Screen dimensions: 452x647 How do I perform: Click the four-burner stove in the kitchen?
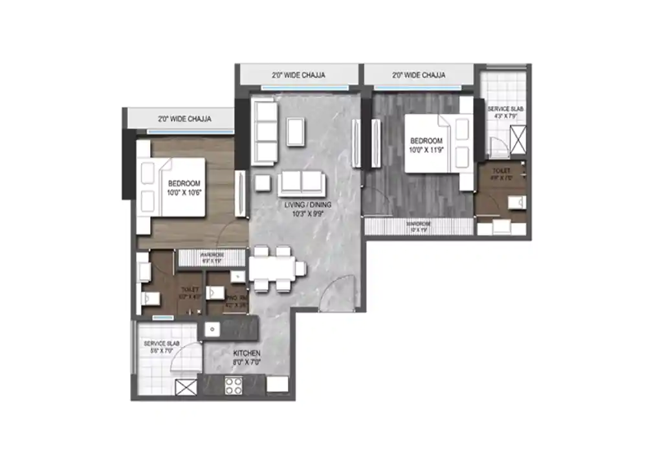pyautogui.click(x=234, y=386)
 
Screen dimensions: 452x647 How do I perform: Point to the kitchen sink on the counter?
pyautogui.click(x=212, y=330)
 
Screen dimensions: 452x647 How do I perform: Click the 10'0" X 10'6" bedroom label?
pyautogui.click(x=184, y=188)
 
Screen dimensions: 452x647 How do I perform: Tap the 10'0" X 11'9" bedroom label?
pyautogui.click(x=426, y=145)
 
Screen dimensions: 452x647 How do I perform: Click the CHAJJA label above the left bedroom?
pyautogui.click(x=184, y=119)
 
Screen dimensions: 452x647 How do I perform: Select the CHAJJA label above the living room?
pyautogui.click(x=298, y=75)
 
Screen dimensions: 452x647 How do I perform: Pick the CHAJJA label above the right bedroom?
pyautogui.click(x=419, y=75)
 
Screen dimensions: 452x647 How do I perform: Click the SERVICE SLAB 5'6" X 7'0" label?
pyautogui.click(x=162, y=347)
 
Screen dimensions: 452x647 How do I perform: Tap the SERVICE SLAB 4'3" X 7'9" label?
pyautogui.click(x=503, y=113)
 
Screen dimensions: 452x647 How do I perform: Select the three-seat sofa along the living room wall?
pyautogui.click(x=265, y=132)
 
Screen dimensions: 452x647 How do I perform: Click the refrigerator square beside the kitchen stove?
pyautogui.click(x=277, y=385)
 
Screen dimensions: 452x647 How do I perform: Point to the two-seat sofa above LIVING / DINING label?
pyautogui.click(x=302, y=183)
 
